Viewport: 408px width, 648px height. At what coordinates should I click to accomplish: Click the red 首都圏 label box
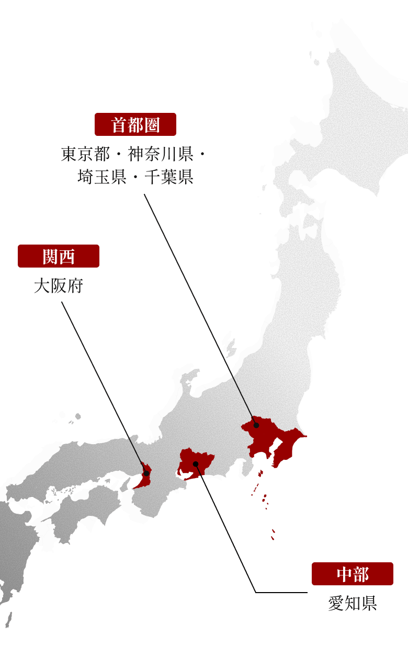click(x=135, y=125)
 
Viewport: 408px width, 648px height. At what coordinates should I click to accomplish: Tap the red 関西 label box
click(x=58, y=256)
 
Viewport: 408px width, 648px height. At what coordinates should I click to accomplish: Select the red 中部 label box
click(x=352, y=574)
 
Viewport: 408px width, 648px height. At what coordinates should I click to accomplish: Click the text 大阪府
click(x=58, y=286)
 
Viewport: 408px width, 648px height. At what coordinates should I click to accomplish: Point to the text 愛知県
click(x=352, y=604)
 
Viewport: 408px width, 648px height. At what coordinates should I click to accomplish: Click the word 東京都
click(x=85, y=155)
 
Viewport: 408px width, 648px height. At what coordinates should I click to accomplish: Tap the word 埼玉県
click(x=101, y=177)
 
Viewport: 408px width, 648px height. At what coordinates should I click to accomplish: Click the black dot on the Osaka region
click(x=146, y=473)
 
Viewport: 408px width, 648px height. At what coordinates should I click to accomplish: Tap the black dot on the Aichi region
click(x=195, y=464)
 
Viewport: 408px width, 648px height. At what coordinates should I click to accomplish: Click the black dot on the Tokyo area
click(x=257, y=425)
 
